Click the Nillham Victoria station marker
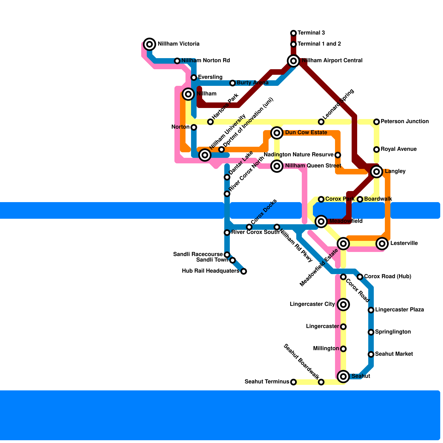pos(150,44)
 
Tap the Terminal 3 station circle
pos(293,33)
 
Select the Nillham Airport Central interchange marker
pos(293,61)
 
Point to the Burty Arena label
pos(253,83)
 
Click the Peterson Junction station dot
pos(377,122)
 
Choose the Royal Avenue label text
pos(398,149)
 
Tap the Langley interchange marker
pos(377,172)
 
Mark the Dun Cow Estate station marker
pos(277,133)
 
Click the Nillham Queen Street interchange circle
pos(277,166)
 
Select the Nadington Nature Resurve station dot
pos(338,155)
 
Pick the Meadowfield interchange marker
pos(321,221)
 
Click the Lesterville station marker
pos(382,244)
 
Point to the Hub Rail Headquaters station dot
pos(244,271)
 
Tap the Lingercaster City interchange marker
pos(343,305)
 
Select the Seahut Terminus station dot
pos(293,382)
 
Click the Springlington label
pos(393,332)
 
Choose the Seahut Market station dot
pos(371,354)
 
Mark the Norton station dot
pos(194,127)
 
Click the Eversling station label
pos(210,77)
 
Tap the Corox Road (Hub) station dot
pos(360,277)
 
